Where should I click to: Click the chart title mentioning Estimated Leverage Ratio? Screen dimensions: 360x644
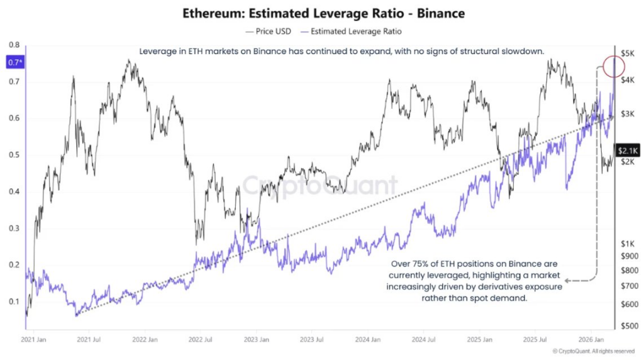click(322, 13)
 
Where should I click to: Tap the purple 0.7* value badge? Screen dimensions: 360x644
click(13, 62)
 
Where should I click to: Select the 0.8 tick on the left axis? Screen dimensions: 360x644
click(13, 45)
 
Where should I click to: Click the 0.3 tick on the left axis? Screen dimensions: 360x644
click(13, 228)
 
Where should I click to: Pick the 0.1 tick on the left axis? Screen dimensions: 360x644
click(13, 302)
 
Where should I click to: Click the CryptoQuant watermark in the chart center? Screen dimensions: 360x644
click(321, 186)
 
